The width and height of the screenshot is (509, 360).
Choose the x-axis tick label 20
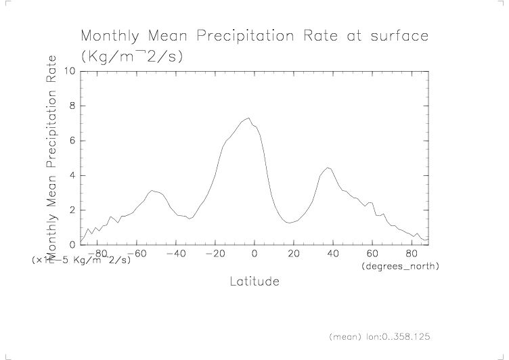(x=293, y=254)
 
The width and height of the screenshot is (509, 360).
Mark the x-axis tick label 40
(x=332, y=254)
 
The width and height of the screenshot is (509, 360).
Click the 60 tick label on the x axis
(x=372, y=254)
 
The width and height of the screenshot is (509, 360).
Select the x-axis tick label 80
(x=411, y=254)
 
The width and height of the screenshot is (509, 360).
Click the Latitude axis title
(x=254, y=281)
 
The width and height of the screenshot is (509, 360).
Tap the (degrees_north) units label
(x=401, y=267)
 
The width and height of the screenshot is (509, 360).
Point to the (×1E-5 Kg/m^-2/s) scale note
(x=81, y=260)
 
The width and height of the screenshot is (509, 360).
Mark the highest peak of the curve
(x=249, y=118)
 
